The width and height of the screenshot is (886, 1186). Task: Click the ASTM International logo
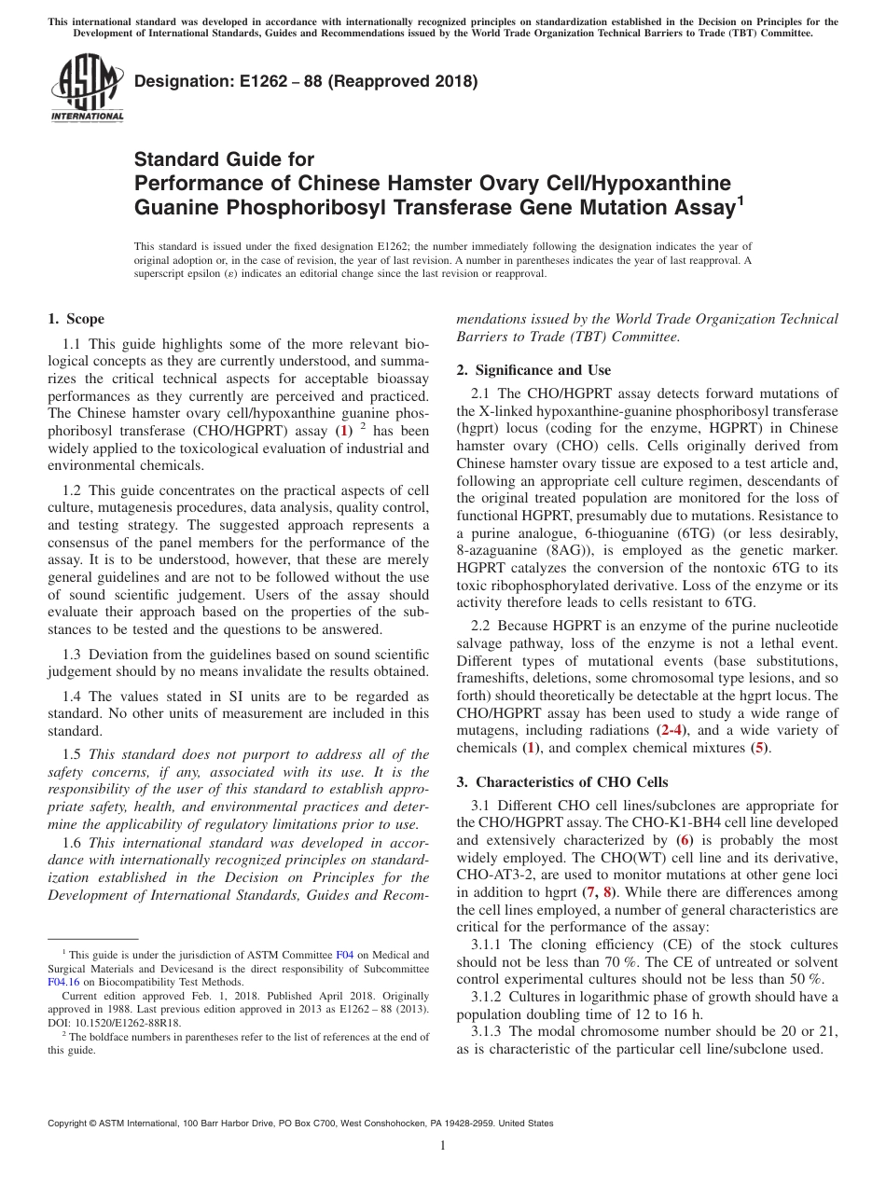point(87,88)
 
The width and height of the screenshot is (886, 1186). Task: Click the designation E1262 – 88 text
point(306,81)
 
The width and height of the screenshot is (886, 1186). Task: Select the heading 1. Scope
point(76,319)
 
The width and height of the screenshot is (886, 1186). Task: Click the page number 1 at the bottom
point(443,1146)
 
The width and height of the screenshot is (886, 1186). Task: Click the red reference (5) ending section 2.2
point(761,748)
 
